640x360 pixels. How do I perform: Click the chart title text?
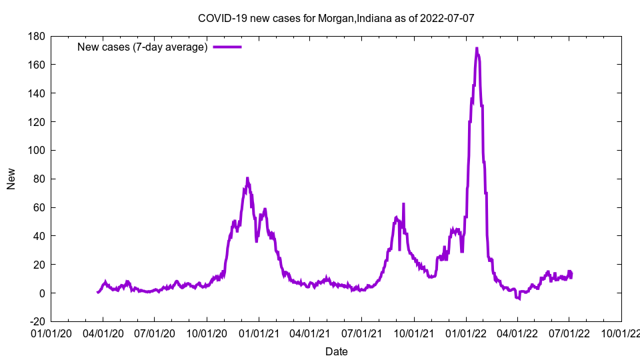pos(336,18)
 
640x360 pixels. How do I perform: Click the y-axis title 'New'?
pos(11,179)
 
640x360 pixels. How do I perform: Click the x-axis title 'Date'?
pos(336,351)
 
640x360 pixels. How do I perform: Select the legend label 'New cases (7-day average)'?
pos(143,47)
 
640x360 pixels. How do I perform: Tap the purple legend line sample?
pos(227,47)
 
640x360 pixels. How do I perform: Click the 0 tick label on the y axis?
pos(41,293)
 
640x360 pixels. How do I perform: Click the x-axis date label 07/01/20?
pos(155,332)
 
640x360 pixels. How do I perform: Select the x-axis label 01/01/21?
pos(259,332)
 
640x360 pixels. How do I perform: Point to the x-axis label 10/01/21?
pos(414,332)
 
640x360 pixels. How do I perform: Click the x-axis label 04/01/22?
pos(517,332)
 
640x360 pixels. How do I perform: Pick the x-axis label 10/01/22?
pos(621,332)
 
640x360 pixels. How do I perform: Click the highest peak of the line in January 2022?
pos(477,48)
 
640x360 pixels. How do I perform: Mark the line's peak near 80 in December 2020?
pos(247,178)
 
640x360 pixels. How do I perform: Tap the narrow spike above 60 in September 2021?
pos(403,204)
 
